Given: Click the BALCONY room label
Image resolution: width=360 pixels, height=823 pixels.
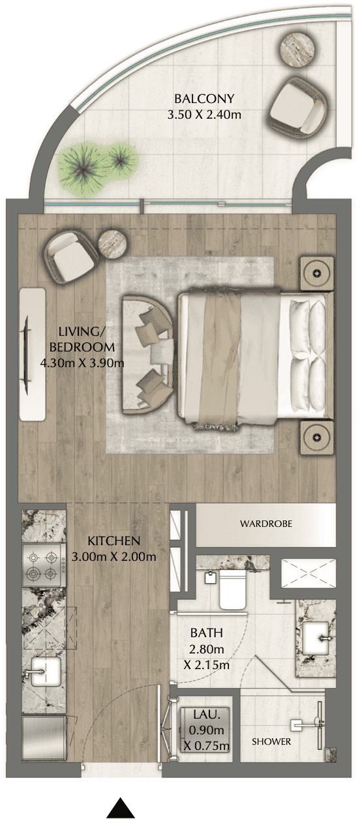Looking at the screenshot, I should [x=204, y=99].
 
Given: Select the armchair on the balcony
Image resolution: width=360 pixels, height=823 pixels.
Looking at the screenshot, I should [x=297, y=102].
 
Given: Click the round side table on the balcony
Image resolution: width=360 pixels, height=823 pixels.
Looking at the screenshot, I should [x=299, y=48].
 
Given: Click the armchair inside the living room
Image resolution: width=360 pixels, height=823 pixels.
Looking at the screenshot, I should [x=70, y=257].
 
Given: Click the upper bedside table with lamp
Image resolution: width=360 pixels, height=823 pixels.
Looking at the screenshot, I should [x=317, y=271].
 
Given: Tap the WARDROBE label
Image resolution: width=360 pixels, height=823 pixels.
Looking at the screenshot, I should [x=265, y=524].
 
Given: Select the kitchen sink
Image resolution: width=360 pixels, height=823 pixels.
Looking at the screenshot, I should [x=44, y=672].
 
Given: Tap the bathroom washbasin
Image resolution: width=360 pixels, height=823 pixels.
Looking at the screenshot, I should [x=316, y=636].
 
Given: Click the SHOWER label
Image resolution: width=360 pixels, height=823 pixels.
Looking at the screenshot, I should [x=271, y=741].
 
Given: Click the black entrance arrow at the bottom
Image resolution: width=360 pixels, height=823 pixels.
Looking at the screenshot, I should [x=121, y=808].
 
